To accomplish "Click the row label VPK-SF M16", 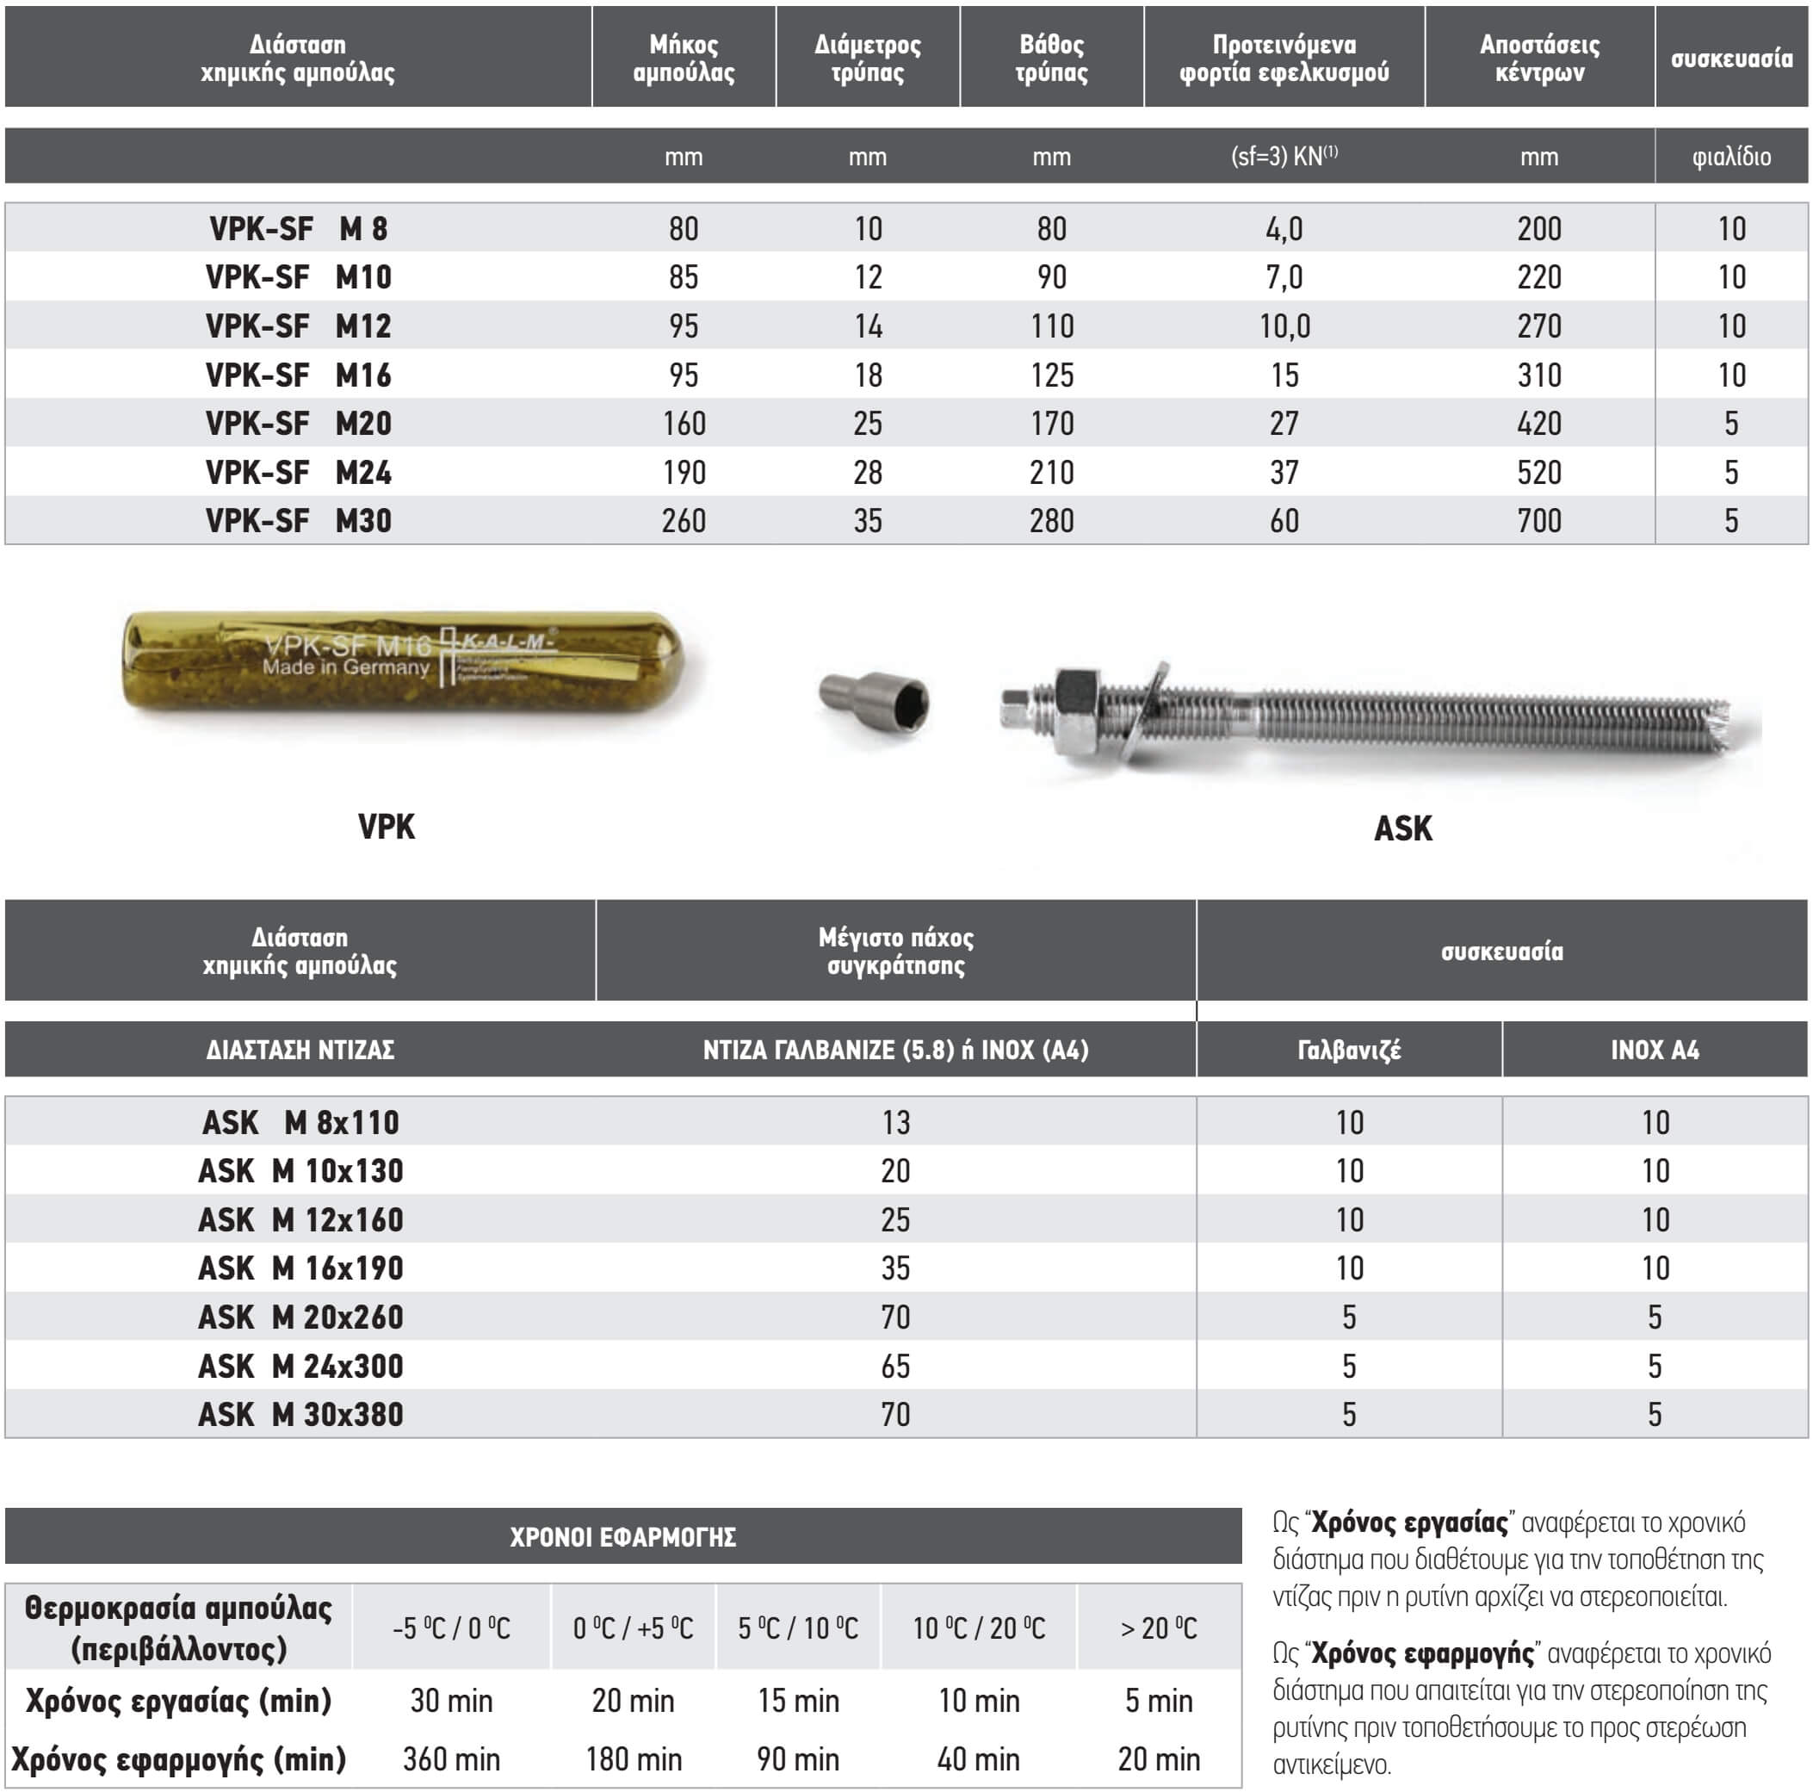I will point(299,375).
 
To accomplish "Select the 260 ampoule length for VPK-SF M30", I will point(684,520).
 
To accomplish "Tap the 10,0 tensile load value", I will point(1284,326).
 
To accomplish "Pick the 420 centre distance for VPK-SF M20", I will point(1539,424).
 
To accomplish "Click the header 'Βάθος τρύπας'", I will point(1051,59).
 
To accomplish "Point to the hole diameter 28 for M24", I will point(867,472).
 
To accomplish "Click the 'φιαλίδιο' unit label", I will point(1731,156).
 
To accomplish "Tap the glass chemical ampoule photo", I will point(404,662).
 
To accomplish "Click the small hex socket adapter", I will point(875,698).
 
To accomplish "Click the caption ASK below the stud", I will point(1403,828).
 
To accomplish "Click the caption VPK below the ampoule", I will point(386,826).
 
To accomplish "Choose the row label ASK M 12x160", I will point(300,1219).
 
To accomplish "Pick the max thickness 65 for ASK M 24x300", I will point(895,1366).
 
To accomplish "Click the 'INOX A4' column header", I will point(1655,1050).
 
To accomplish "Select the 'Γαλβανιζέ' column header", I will point(1348,1050).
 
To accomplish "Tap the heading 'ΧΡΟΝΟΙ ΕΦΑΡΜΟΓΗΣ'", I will point(623,1536).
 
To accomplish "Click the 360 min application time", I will point(451,1758).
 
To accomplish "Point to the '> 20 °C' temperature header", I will point(1159,1628).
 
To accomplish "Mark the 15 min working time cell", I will point(799,1700).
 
